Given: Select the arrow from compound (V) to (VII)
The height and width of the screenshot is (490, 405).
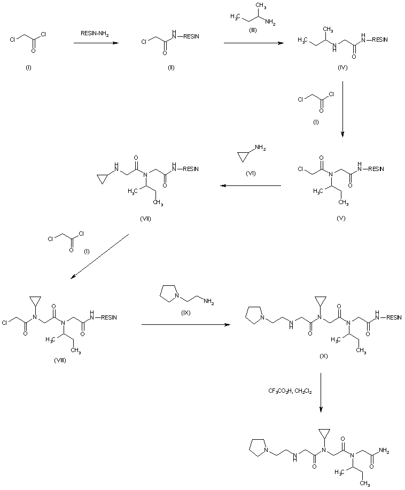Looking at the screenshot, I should pyautogui.click(x=251, y=185).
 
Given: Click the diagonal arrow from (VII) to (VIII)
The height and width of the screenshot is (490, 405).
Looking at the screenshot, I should pyautogui.click(x=100, y=256).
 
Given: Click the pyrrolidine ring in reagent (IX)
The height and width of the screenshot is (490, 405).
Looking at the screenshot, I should pyautogui.click(x=166, y=295).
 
